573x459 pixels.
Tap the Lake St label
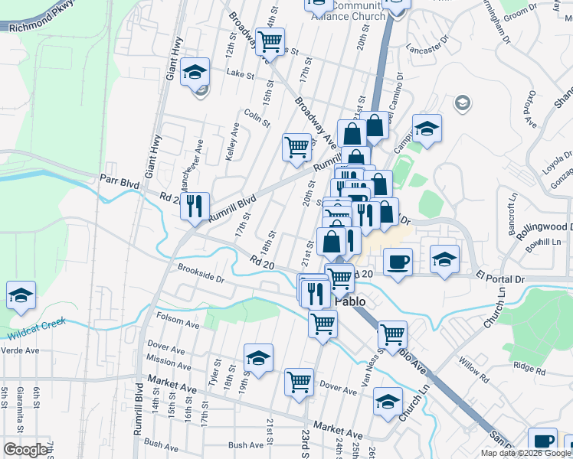tap(239, 74)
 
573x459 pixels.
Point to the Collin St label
tap(258, 119)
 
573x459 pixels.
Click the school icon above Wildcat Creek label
tap(21, 295)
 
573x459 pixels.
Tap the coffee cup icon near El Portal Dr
tap(397, 262)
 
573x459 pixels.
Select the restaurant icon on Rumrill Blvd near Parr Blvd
tap(196, 205)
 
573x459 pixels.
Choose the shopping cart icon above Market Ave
tap(299, 380)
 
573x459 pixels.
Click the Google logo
tap(25, 451)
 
